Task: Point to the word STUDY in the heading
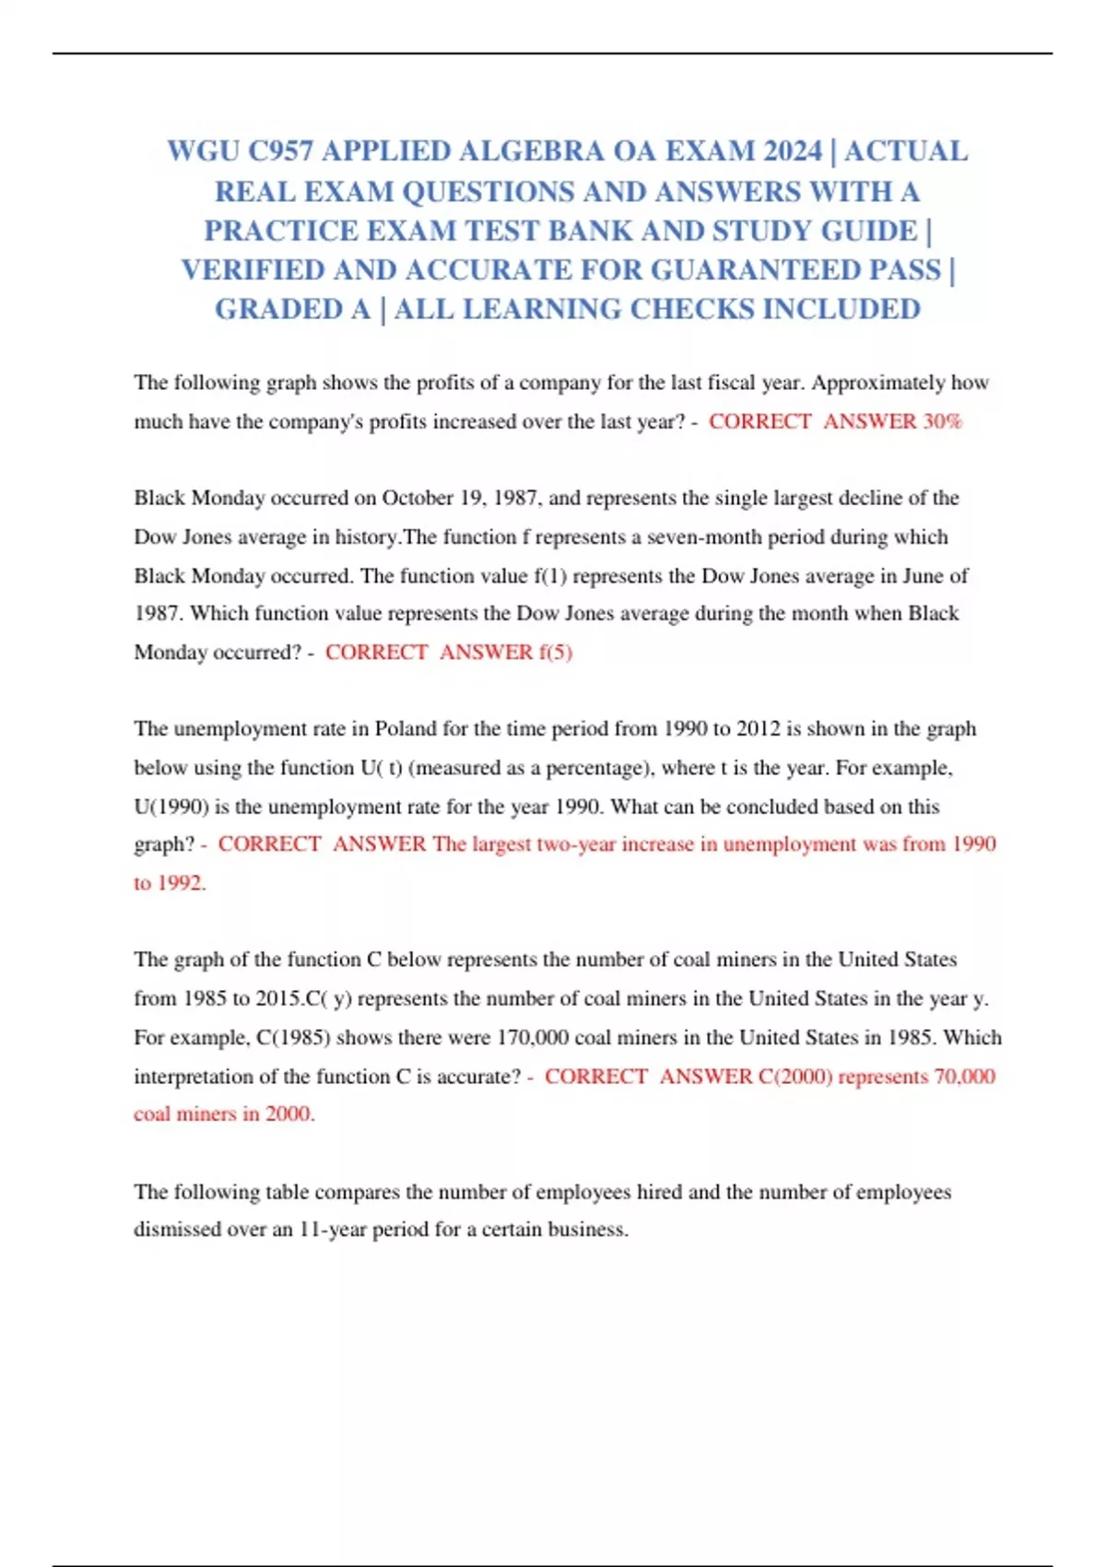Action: click(771, 230)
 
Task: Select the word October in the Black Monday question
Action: click(418, 498)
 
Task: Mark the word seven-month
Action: click(704, 536)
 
